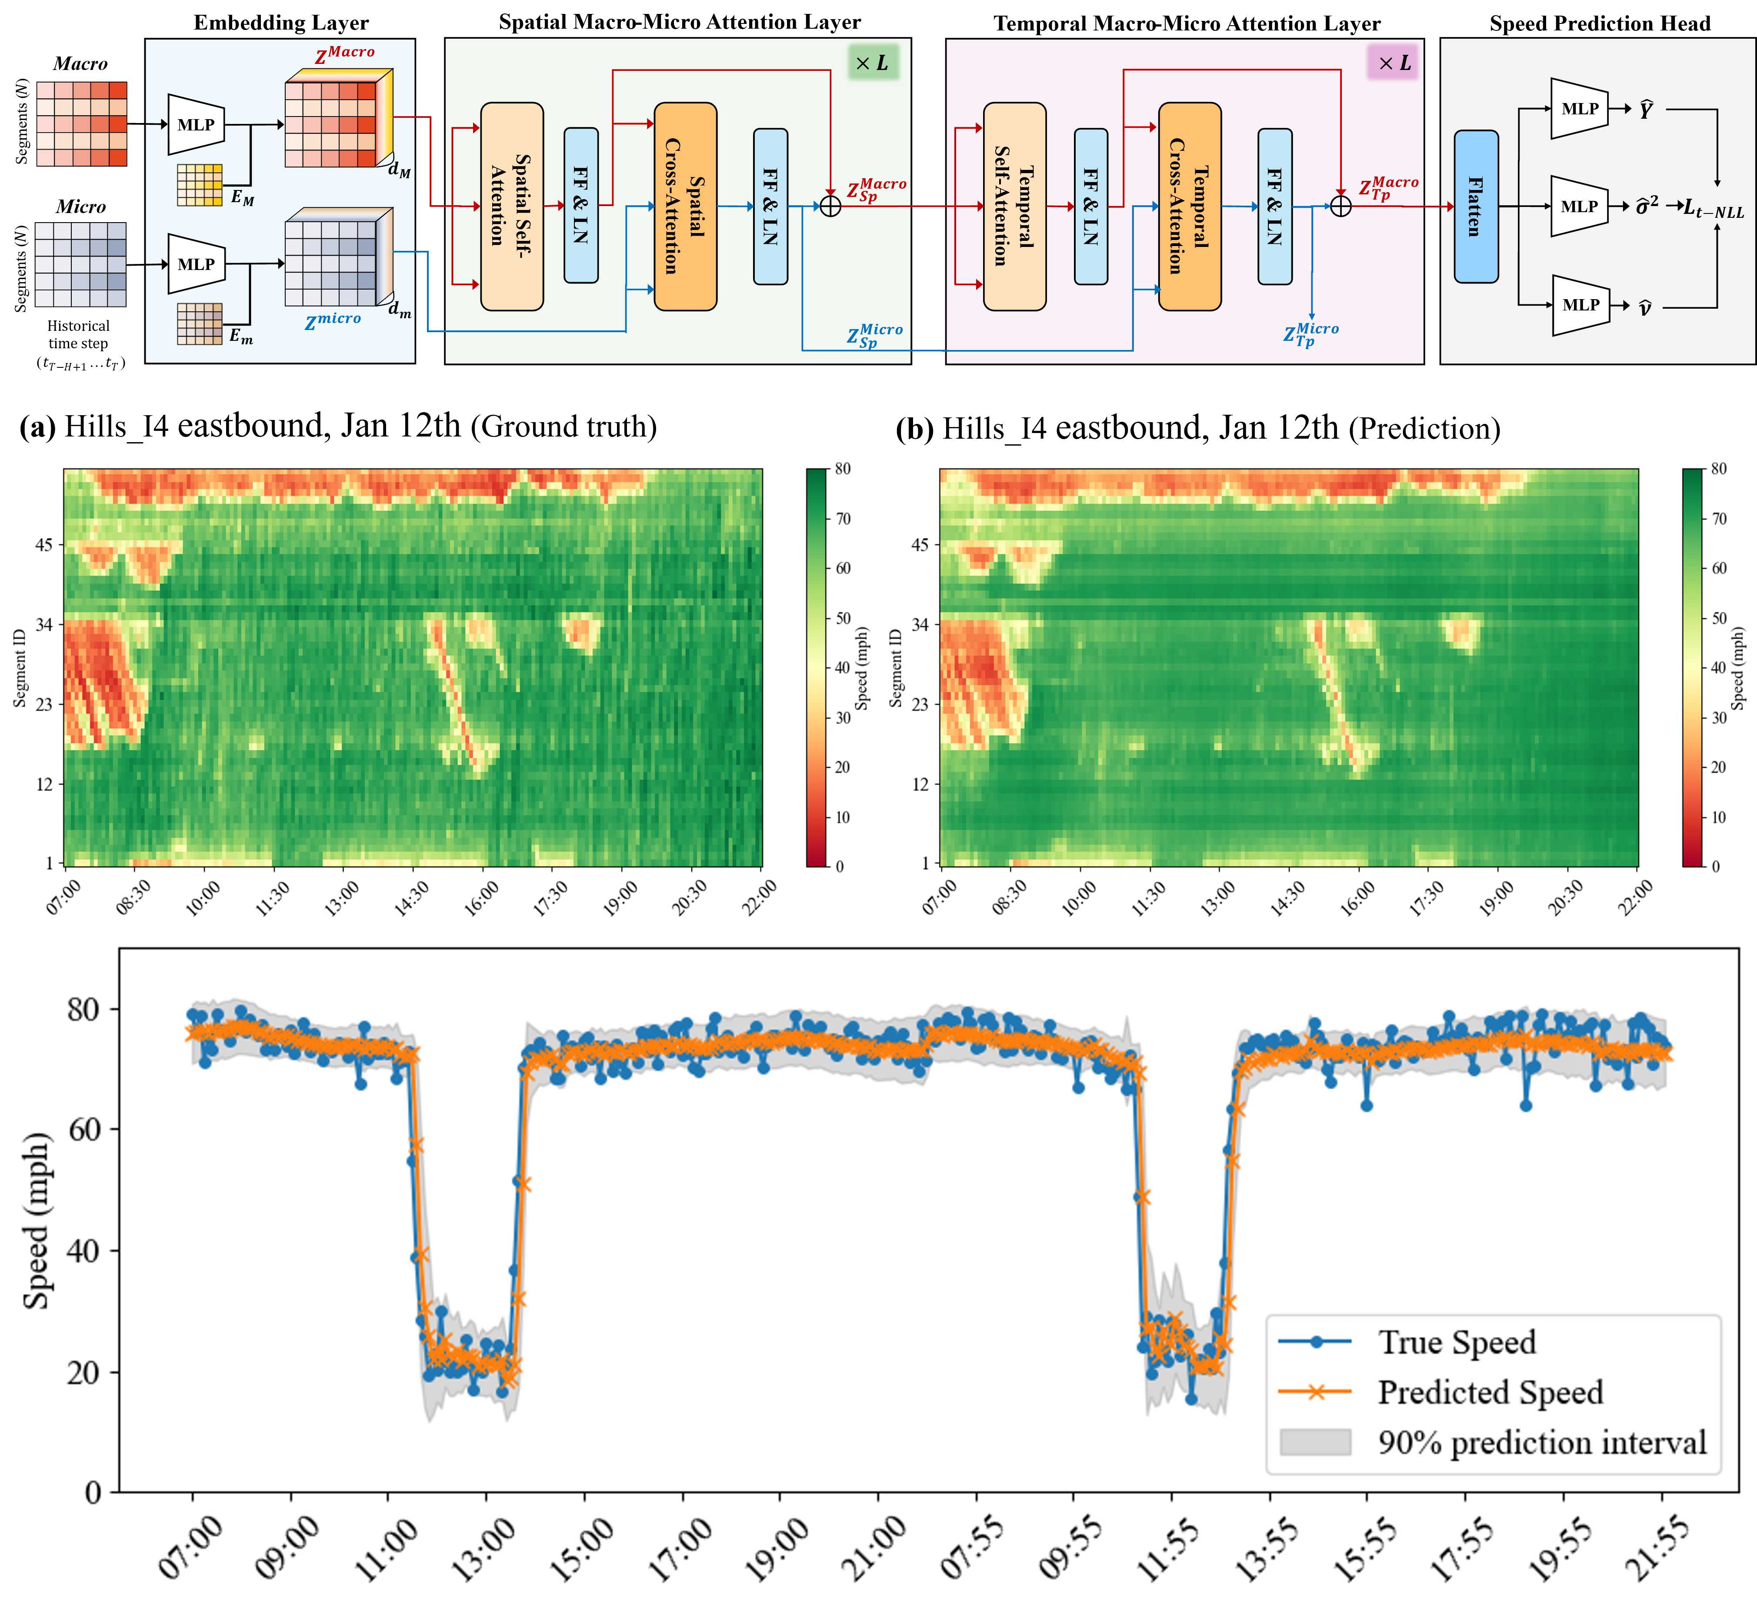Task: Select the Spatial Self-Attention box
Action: point(512,207)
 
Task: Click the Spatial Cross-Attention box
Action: point(685,207)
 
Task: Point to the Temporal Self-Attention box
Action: point(1014,207)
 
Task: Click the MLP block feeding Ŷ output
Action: point(1579,109)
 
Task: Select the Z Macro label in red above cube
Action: point(345,54)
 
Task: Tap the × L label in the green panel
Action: point(871,63)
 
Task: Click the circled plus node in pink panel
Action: point(1340,207)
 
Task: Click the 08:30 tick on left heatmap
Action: point(133,896)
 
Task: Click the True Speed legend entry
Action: point(1455,1342)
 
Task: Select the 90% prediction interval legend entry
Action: point(1541,1442)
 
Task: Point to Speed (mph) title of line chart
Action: point(37,1220)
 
